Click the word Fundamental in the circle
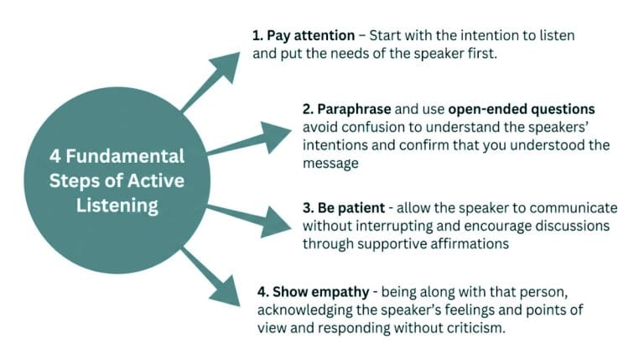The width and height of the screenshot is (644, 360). coord(126,157)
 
